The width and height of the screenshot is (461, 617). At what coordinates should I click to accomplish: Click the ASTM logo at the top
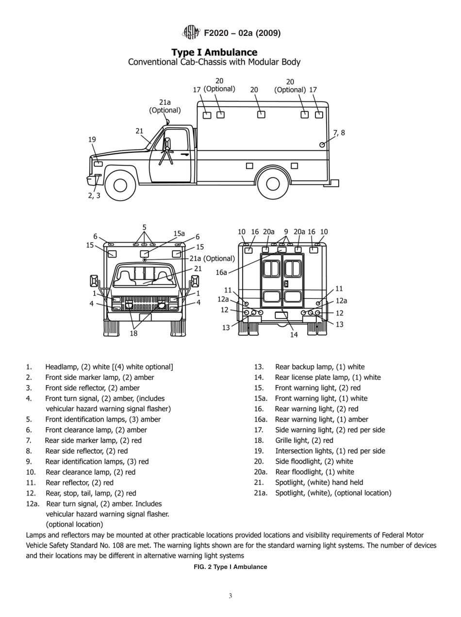pyautogui.click(x=191, y=32)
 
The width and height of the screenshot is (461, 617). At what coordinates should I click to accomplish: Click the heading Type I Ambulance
pyautogui.click(x=214, y=52)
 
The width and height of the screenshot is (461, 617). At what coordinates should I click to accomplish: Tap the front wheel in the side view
pyautogui.click(x=120, y=185)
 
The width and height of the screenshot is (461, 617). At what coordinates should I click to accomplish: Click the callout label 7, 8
pyautogui.click(x=339, y=133)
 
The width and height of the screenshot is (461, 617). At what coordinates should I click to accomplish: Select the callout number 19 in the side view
pyautogui.click(x=92, y=140)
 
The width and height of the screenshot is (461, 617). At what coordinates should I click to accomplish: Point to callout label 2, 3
pyautogui.click(x=94, y=196)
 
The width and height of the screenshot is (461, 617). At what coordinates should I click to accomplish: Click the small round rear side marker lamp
pyautogui.click(x=322, y=145)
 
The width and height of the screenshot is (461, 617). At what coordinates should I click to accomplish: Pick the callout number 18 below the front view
pyautogui.click(x=133, y=333)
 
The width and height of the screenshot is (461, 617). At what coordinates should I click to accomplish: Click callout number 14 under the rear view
pyautogui.click(x=294, y=335)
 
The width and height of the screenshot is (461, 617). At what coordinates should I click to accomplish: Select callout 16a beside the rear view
pyautogui.click(x=221, y=273)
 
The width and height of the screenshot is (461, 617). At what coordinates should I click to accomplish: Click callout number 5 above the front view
pyautogui.click(x=144, y=227)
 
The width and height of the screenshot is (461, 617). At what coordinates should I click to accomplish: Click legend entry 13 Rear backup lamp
pyautogui.click(x=319, y=367)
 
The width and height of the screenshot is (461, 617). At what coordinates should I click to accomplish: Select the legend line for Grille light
pyautogui.click(x=304, y=440)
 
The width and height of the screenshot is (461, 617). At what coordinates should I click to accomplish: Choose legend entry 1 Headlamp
pyautogui.click(x=109, y=367)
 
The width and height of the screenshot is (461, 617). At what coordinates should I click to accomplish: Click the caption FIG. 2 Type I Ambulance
pyautogui.click(x=230, y=567)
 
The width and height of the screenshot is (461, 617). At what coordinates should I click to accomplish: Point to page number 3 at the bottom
pyautogui.click(x=230, y=596)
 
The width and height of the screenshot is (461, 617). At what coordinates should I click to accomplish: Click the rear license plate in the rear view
pyautogui.click(x=281, y=315)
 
